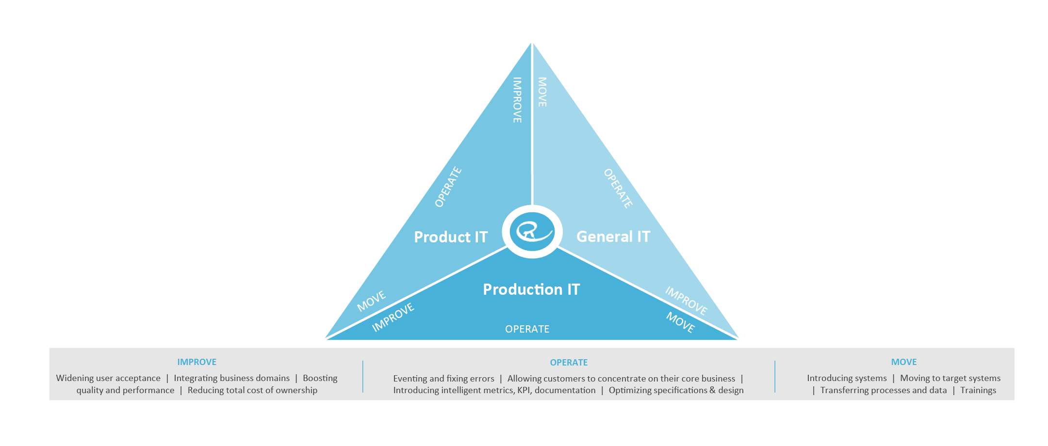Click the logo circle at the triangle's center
[532, 231]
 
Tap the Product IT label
[450, 237]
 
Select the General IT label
[613, 237]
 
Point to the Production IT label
[531, 289]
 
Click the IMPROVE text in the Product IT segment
[518, 100]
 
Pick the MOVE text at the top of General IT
[542, 92]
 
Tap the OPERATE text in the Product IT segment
[448, 187]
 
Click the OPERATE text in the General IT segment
[618, 188]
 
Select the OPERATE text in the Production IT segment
[527, 329]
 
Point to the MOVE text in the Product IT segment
[371, 301]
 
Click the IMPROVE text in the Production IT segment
[393, 318]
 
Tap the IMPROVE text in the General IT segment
[686, 301]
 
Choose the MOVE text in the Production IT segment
[680, 322]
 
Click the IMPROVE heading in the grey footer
[196, 362]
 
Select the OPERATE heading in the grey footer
[569, 363]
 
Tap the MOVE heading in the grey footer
[903, 362]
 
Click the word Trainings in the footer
[978, 391]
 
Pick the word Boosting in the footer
[320, 379]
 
